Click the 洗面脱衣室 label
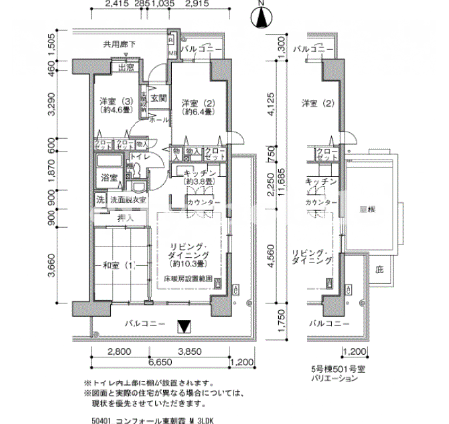(129, 200)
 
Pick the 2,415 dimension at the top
(116, 5)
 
